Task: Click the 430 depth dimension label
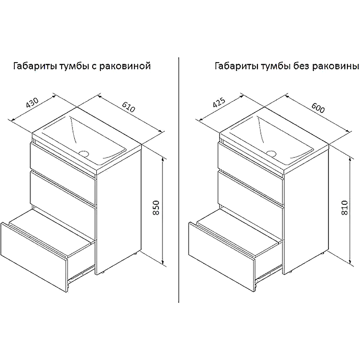(x=31, y=103)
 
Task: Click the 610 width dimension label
(x=128, y=107)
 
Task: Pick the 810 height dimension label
(x=345, y=208)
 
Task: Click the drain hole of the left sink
(x=84, y=153)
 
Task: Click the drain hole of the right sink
(x=271, y=152)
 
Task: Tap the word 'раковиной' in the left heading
(x=127, y=67)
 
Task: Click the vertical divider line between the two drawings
(x=180, y=180)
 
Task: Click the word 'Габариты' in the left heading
(x=30, y=67)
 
